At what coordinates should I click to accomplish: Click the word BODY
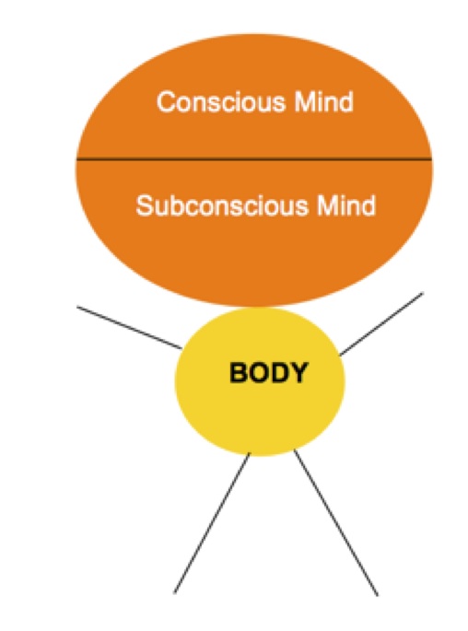point(268,373)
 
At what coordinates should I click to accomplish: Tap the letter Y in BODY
point(299,373)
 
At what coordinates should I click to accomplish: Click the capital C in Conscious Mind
point(167,101)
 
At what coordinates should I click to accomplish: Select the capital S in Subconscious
point(145,205)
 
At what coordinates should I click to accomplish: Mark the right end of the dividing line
point(431,158)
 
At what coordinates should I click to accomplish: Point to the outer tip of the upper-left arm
point(78,308)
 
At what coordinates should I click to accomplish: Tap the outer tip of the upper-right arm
point(423,295)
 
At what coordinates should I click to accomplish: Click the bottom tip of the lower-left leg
point(175,591)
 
